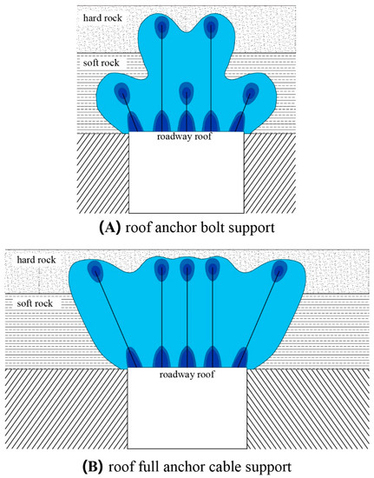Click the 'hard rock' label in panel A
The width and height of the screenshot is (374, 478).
[x=102, y=18]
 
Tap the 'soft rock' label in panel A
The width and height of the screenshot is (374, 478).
[x=101, y=63]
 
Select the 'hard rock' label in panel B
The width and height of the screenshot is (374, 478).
[x=36, y=260]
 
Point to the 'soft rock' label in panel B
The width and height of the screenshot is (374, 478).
[x=35, y=303]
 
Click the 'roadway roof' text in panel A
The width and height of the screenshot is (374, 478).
[x=184, y=136]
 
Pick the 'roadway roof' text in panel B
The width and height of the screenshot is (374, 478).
[x=187, y=374]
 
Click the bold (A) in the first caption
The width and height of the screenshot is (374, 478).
[x=110, y=228]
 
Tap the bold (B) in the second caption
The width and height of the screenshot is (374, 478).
[x=93, y=467]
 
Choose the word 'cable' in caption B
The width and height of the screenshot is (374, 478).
[x=226, y=467]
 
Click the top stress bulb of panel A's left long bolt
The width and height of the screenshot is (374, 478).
[x=162, y=27]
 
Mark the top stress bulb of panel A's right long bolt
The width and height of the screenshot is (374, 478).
[x=211, y=27]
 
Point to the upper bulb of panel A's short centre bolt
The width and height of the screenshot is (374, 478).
[x=187, y=93]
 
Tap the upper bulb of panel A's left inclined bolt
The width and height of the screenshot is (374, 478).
[x=122, y=93]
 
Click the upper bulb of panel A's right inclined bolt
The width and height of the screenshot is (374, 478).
[x=251, y=93]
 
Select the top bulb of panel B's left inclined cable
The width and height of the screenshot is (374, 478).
[x=95, y=270]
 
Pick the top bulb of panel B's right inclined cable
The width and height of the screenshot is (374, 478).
[x=279, y=270]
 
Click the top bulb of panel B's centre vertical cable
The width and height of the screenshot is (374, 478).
[x=187, y=270]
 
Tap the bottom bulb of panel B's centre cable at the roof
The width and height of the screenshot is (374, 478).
[x=187, y=356]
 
